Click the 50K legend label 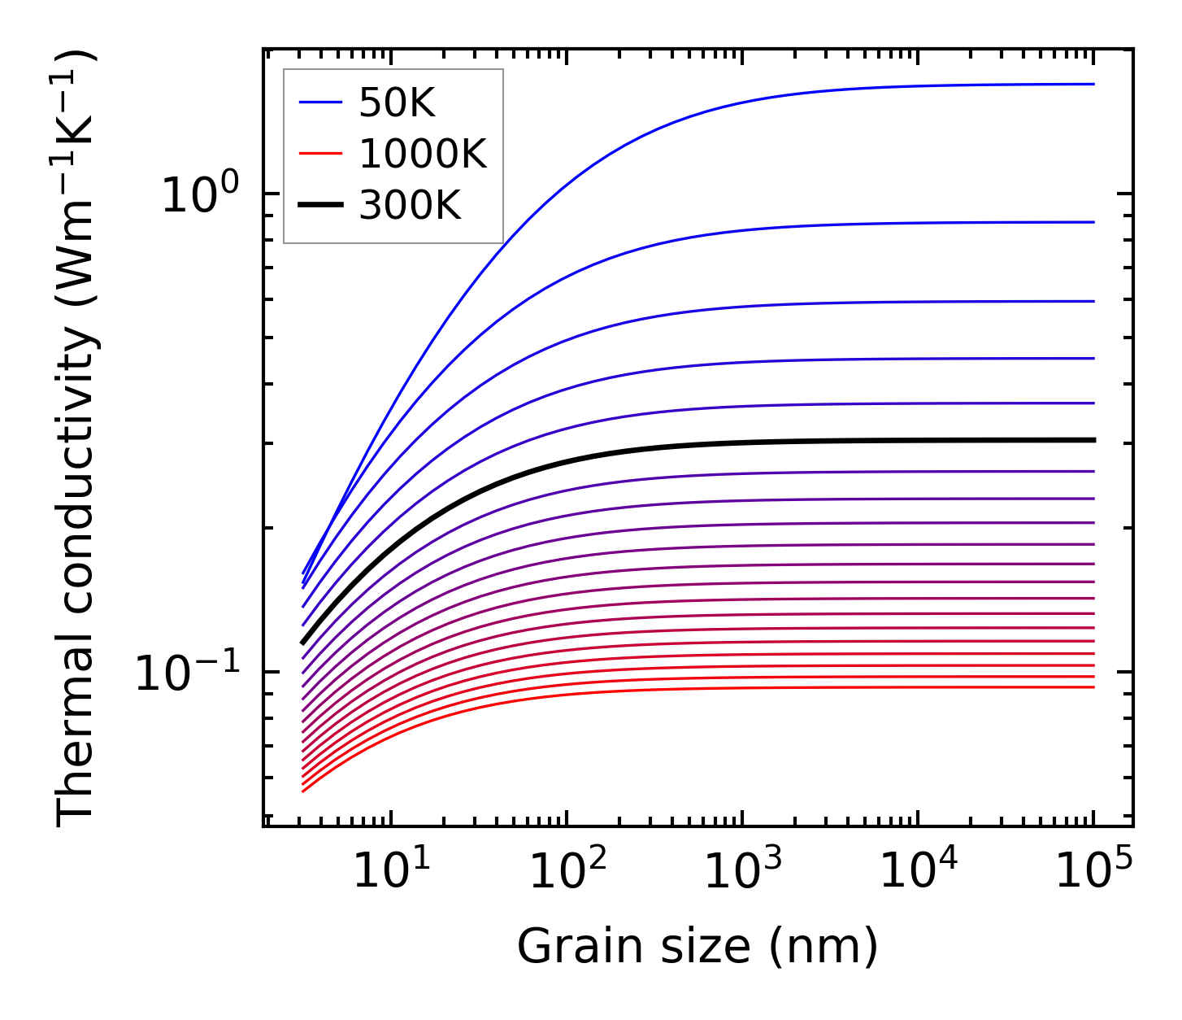(398, 102)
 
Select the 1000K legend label (423, 154)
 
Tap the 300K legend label (410, 206)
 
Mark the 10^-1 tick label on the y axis (187, 673)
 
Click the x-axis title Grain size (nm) (697, 948)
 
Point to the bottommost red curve (732, 688)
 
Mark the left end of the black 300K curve (302, 643)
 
